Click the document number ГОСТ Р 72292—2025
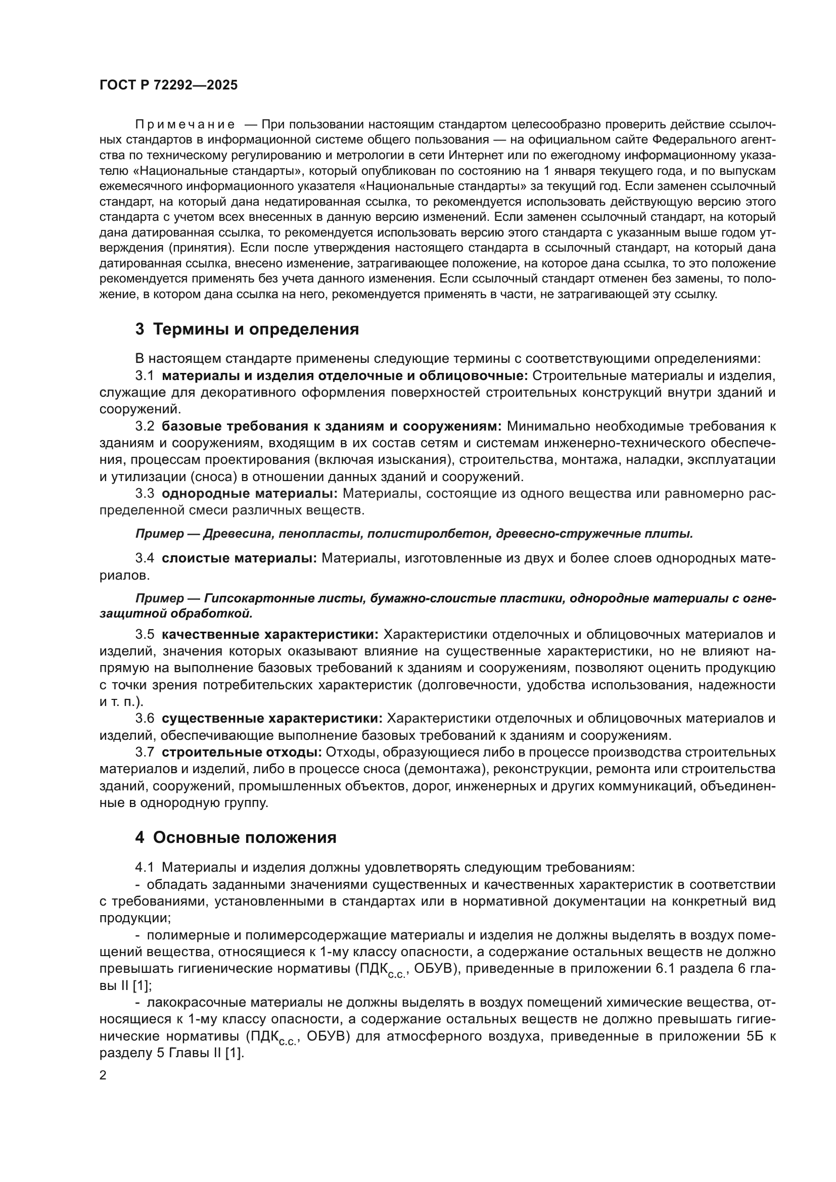click(x=168, y=85)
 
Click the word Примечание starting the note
click(x=185, y=125)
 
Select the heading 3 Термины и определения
click(x=247, y=329)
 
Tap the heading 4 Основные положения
click(x=235, y=837)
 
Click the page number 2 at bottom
click(x=103, y=1075)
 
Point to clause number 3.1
click(x=145, y=376)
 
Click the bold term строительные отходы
click(x=242, y=752)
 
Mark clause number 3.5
click(x=145, y=635)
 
